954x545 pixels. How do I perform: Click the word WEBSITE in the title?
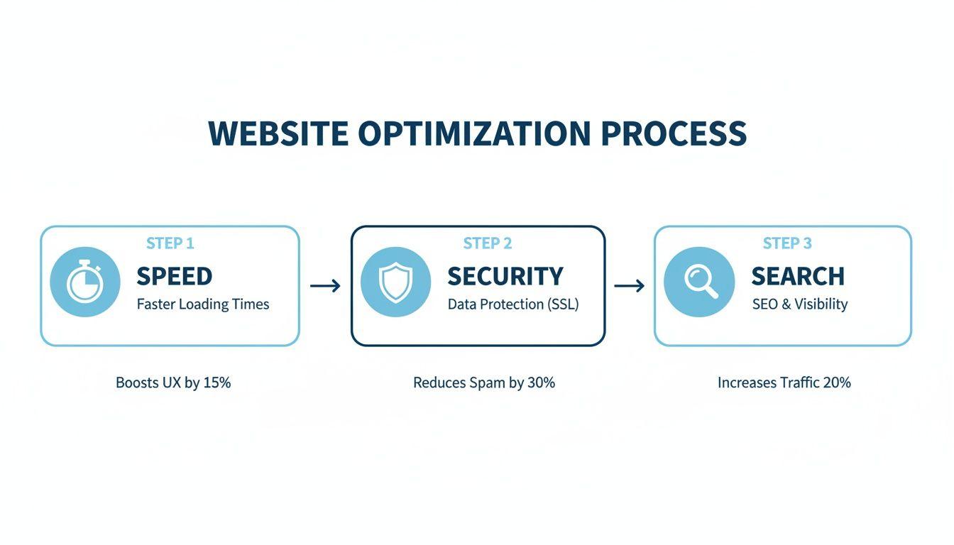coord(278,133)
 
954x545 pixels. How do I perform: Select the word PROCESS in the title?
coord(674,133)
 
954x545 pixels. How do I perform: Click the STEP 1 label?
coord(170,243)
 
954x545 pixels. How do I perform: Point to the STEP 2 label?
coord(487,243)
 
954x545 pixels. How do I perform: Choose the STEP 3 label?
coord(787,243)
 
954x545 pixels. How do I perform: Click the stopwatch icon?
coord(84,282)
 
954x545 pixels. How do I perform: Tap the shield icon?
coord(395,282)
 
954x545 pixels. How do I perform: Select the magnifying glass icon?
coord(701,282)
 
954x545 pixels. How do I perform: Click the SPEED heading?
coord(174,276)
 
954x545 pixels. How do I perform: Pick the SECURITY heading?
coord(505,276)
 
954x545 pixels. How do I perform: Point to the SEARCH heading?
coord(798,276)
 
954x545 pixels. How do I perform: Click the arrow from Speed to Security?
coord(325,285)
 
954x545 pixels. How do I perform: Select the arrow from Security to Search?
coord(629,285)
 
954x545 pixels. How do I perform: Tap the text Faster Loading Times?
coord(203,304)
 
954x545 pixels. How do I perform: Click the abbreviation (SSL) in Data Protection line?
coord(563,304)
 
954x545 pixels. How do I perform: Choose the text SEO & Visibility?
coord(800,304)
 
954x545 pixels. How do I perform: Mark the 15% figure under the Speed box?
coord(216,382)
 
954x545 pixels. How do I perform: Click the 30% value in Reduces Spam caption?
coord(541,382)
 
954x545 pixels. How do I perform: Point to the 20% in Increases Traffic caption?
coord(837,382)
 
